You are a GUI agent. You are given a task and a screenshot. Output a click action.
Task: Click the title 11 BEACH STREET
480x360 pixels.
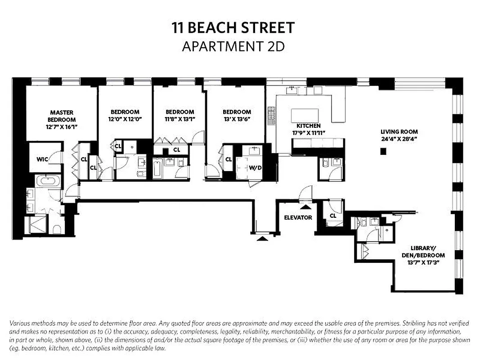(233, 28)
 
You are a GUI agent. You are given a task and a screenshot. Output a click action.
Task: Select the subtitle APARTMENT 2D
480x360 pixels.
(233, 46)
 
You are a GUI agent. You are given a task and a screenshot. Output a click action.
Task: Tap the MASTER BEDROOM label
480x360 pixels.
(62, 116)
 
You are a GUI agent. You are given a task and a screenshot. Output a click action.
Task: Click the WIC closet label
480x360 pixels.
(42, 159)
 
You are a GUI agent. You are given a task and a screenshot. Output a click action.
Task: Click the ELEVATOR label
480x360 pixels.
(298, 217)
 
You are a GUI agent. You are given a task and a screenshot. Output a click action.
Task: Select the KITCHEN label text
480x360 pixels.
(308, 126)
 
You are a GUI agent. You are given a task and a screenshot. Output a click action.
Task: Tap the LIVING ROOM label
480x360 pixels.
(399, 132)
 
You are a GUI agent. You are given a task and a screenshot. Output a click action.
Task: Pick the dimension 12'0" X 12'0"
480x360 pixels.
(125, 119)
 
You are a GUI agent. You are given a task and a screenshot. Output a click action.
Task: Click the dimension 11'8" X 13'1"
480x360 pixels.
(180, 119)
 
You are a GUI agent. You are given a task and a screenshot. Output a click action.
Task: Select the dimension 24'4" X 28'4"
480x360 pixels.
(399, 139)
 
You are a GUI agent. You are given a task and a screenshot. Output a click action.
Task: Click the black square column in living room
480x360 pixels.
(383, 152)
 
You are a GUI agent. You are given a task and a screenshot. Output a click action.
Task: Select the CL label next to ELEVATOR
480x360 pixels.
(333, 216)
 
